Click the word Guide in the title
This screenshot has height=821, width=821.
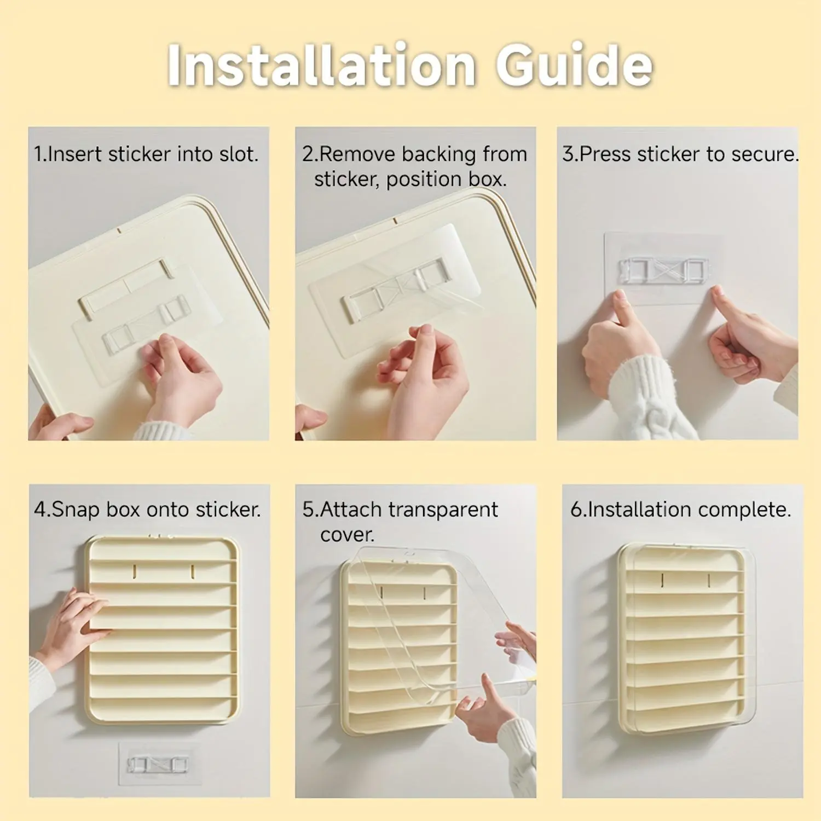coord(574,65)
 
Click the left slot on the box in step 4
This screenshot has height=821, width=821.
coord(135,572)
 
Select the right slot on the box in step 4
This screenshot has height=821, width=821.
coord(193,572)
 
